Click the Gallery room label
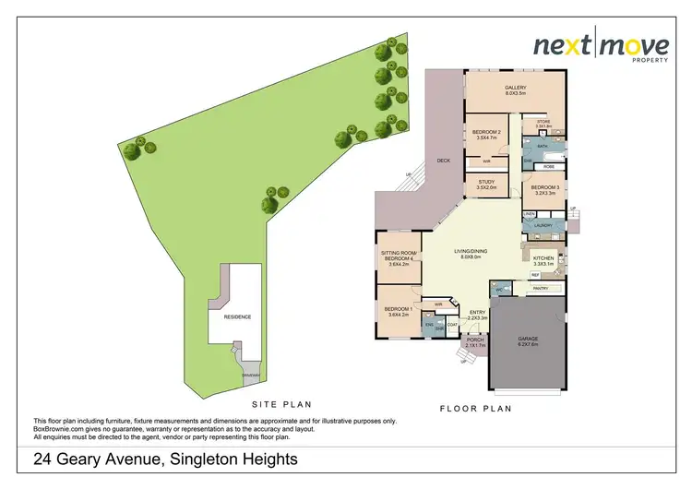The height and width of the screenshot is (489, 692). pyautogui.click(x=515, y=90)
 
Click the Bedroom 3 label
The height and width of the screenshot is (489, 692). pyautogui.click(x=543, y=190)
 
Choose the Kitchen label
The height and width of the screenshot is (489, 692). pyautogui.click(x=543, y=259)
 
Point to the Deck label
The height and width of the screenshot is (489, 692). pyautogui.click(x=443, y=161)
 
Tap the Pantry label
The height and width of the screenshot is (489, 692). pyautogui.click(x=540, y=290)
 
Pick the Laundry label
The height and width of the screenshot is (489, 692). pyautogui.click(x=543, y=225)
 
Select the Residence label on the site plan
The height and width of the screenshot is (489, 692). pyautogui.click(x=236, y=316)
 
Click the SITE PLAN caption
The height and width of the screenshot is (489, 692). pyautogui.click(x=281, y=404)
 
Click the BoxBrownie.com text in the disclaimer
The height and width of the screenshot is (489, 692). pyautogui.click(x=64, y=428)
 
